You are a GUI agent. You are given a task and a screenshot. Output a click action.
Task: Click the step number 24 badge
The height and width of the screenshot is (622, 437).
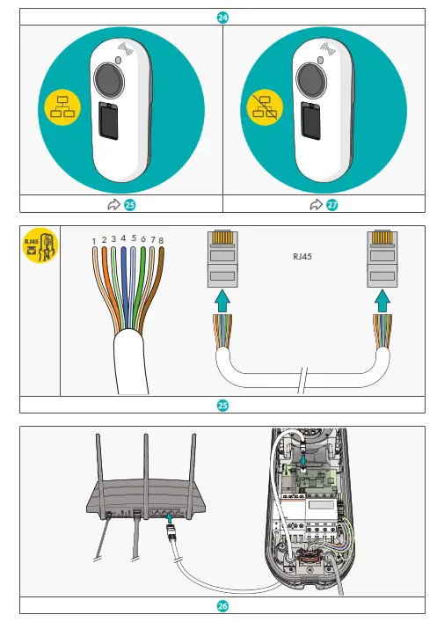(x=223, y=17)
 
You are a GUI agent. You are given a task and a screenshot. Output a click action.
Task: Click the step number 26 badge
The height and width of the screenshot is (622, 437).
(x=223, y=606)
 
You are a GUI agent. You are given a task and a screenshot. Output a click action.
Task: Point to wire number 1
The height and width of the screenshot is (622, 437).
(x=94, y=241)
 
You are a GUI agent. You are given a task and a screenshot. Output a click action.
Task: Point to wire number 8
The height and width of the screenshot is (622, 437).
(x=161, y=239)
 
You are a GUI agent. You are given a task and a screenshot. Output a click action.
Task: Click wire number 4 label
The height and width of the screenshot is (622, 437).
(x=123, y=237)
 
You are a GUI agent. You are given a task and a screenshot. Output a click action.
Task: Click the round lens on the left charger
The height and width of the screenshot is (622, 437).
(x=108, y=80)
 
